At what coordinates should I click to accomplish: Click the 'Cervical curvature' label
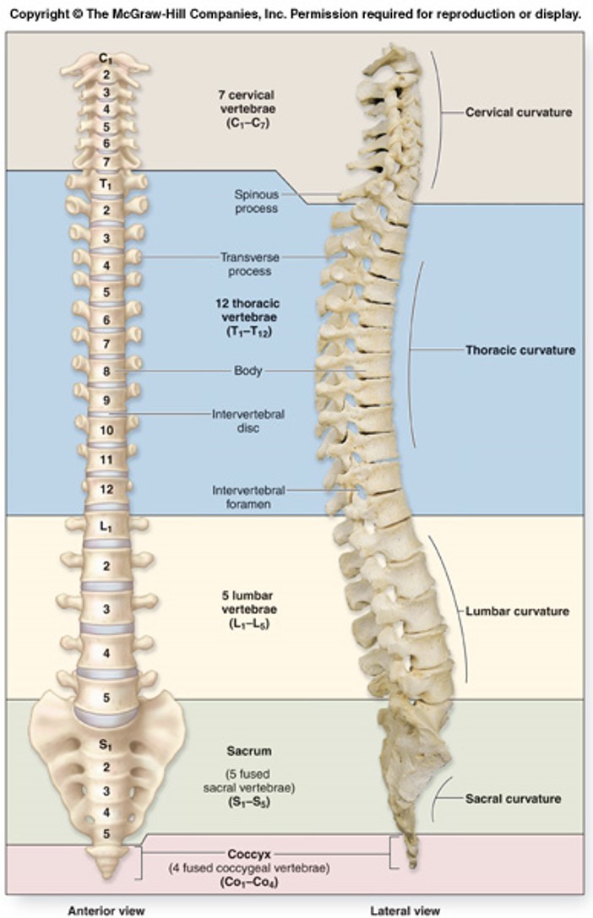pyautogui.click(x=519, y=111)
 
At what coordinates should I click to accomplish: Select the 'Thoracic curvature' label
pyautogui.click(x=520, y=350)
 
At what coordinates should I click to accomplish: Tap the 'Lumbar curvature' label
pyautogui.click(x=518, y=611)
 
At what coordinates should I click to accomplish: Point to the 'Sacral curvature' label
pyautogui.click(x=513, y=798)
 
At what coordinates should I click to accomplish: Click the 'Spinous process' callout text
pyautogui.click(x=256, y=201)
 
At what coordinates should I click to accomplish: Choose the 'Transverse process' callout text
pyautogui.click(x=249, y=264)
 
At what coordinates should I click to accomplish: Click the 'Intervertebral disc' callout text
pyautogui.click(x=248, y=421)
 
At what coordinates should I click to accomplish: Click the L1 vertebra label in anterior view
pyautogui.click(x=106, y=527)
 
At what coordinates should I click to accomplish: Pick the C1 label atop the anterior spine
pyautogui.click(x=106, y=59)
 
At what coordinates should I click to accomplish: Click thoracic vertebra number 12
pyautogui.click(x=106, y=489)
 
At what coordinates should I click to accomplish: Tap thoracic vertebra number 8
pyautogui.click(x=106, y=371)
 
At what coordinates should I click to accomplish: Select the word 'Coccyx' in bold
pyautogui.click(x=248, y=854)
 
